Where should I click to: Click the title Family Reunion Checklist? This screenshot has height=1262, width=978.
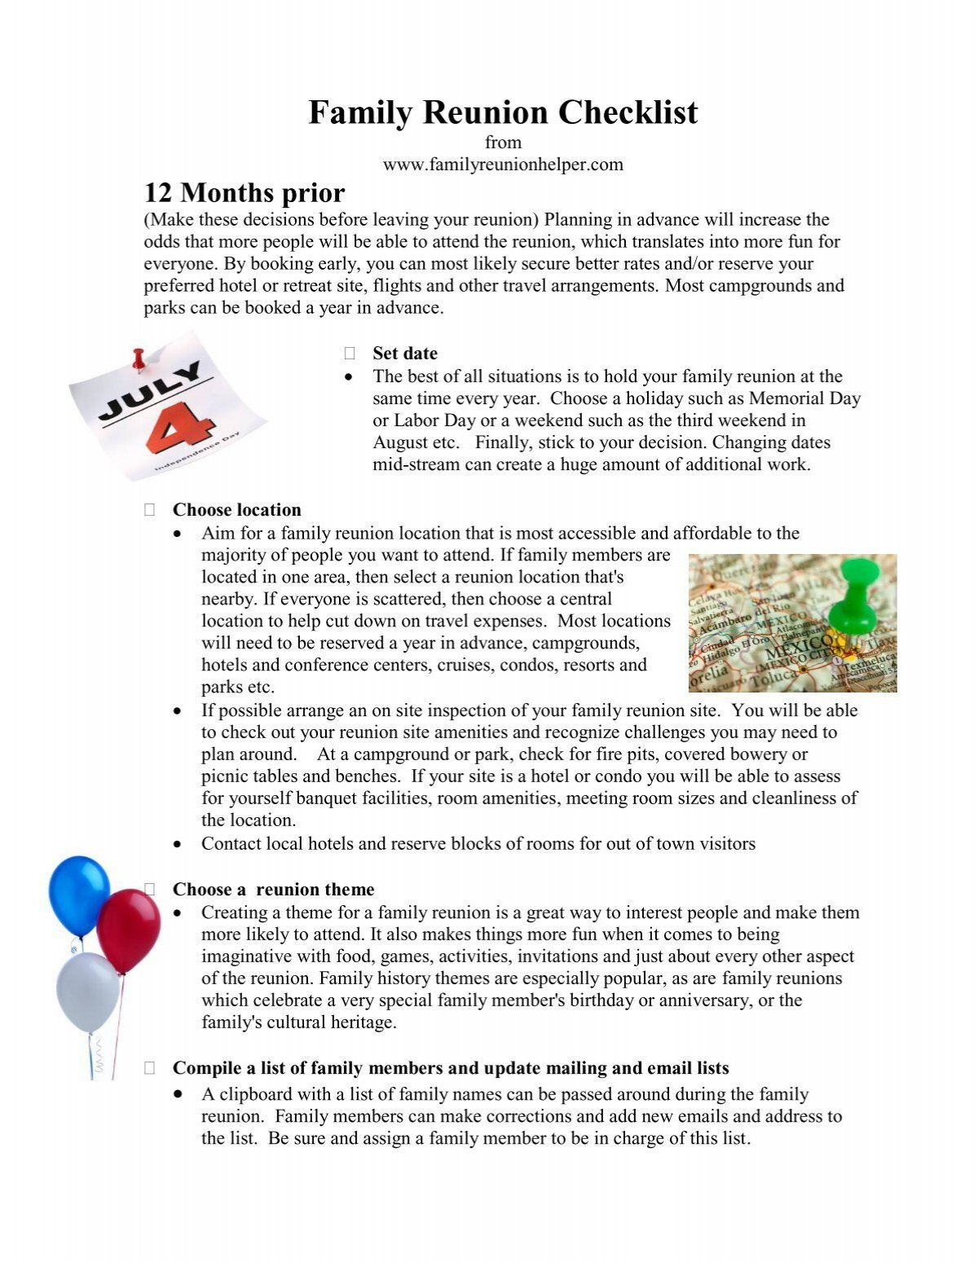click(x=503, y=112)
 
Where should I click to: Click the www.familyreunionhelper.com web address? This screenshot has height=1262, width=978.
click(x=503, y=165)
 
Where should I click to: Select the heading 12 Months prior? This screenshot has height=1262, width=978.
click(x=244, y=193)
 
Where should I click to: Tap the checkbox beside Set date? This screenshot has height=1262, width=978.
click(x=350, y=354)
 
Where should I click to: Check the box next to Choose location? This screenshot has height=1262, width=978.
click(x=150, y=510)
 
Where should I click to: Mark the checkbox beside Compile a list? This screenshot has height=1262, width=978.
click(x=150, y=1068)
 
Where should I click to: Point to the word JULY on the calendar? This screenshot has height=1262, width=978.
click(x=151, y=391)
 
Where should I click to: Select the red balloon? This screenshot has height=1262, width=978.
click(x=129, y=929)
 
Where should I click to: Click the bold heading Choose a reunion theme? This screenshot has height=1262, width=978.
click(x=273, y=890)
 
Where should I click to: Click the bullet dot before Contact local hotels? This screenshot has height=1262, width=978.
click(x=178, y=845)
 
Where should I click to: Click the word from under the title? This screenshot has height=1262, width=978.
click(x=503, y=143)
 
